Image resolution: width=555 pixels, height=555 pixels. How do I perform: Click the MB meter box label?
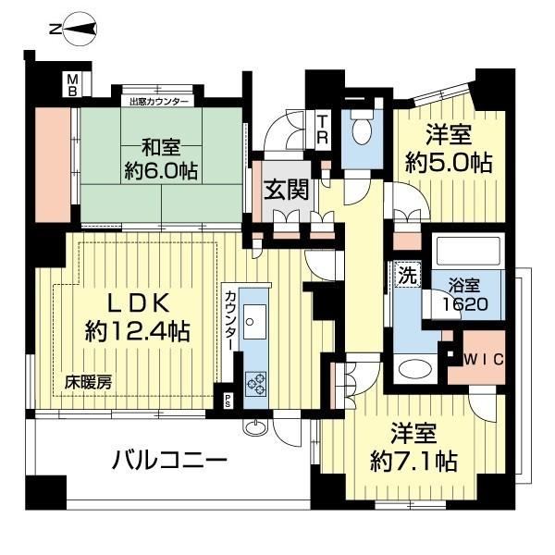click(x=72, y=85)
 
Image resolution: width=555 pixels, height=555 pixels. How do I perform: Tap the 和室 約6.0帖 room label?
click(x=161, y=160)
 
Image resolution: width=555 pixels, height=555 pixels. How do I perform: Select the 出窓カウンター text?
click(x=159, y=103)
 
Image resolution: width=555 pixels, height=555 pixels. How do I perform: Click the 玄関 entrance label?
click(x=287, y=190)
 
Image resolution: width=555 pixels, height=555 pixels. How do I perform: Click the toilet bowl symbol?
click(x=362, y=127)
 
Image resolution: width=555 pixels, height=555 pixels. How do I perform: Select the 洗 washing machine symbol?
click(x=408, y=275)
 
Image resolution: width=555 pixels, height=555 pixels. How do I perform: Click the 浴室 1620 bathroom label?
click(x=465, y=294)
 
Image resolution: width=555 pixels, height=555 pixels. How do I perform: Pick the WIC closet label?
click(x=484, y=360)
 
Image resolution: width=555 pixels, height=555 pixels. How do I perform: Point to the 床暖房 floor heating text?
click(x=89, y=383)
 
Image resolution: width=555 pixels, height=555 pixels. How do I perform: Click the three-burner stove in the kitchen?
click(x=256, y=384)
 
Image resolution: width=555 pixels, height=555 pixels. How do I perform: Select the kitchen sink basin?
click(x=254, y=321)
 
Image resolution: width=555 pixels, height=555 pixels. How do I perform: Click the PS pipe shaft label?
click(x=228, y=400)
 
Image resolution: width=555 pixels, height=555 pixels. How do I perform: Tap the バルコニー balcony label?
click(x=169, y=461)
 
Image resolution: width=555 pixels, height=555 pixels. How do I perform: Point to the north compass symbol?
click(x=80, y=30)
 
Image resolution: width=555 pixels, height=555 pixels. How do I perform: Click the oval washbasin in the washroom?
click(x=415, y=369)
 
